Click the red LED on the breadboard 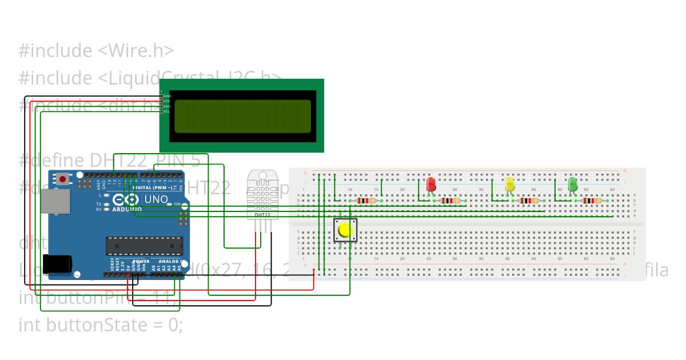tap(431, 185)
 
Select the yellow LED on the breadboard tap(510, 185)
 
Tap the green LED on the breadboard tap(572, 185)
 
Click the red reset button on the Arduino tap(62, 179)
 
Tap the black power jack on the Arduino tap(58, 263)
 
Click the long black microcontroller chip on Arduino tap(144, 245)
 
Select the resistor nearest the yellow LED tap(529, 201)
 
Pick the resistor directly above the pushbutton tap(365, 201)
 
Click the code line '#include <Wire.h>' tap(96, 51)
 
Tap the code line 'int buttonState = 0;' tap(101, 325)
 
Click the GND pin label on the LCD tap(167, 96)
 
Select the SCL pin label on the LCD tap(167, 111)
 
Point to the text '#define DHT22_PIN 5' tap(109, 161)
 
